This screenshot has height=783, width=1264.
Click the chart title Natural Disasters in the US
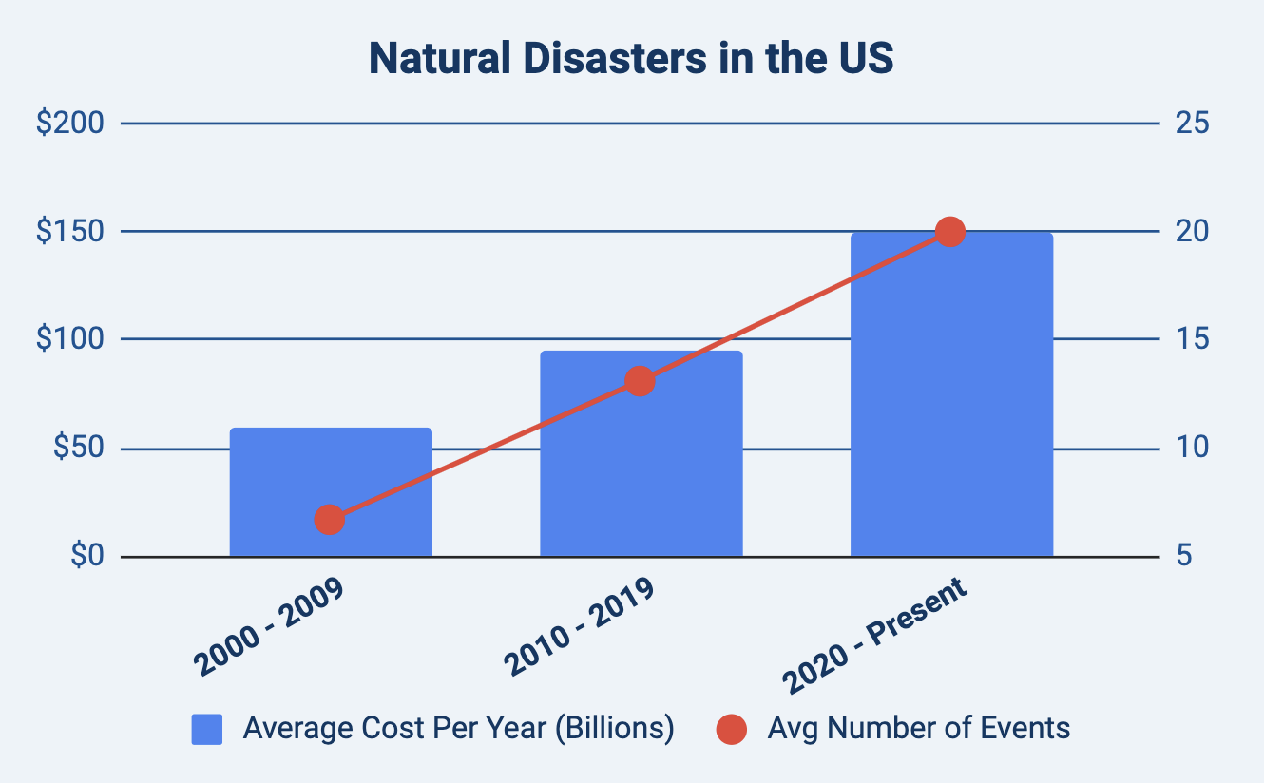pyautogui.click(x=631, y=59)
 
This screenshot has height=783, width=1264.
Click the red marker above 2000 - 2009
pyautogui.click(x=329, y=520)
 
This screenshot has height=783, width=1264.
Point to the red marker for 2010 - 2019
pyautogui.click(x=641, y=382)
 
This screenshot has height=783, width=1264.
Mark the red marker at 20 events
pyautogui.click(x=950, y=232)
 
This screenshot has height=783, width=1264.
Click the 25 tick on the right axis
pyautogui.click(x=1192, y=124)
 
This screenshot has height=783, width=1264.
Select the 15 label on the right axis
pyautogui.click(x=1192, y=339)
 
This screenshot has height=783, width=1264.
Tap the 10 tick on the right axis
pyautogui.click(x=1192, y=448)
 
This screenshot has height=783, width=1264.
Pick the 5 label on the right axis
pyautogui.click(x=1184, y=556)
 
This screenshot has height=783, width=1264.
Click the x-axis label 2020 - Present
pyautogui.click(x=874, y=635)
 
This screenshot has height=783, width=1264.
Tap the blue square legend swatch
pyautogui.click(x=207, y=730)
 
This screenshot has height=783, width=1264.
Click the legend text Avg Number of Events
pyautogui.click(x=919, y=729)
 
